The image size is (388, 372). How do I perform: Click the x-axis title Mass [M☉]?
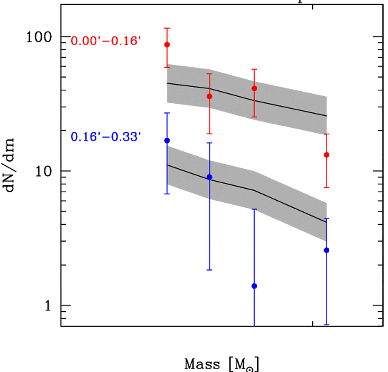pos(223,364)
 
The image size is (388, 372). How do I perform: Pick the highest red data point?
pos(167,44)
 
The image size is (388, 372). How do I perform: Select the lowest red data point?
pos(327,155)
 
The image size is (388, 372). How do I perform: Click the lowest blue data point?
pos(254,286)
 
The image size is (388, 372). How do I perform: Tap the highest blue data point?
pos(167,140)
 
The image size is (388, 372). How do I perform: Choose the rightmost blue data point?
pos(327,250)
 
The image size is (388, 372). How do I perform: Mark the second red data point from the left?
pos(209,96)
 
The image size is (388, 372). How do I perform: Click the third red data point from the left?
pos(254,88)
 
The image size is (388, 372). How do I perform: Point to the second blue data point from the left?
pos(209,177)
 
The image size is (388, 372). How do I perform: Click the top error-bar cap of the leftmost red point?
pos(167,28)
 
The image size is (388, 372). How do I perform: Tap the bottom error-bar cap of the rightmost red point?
pos(327,188)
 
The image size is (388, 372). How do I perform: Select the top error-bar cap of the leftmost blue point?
pos(167,113)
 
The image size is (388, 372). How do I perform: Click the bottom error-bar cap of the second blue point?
pos(209,270)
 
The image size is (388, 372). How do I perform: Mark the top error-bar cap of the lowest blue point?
pos(254,209)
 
